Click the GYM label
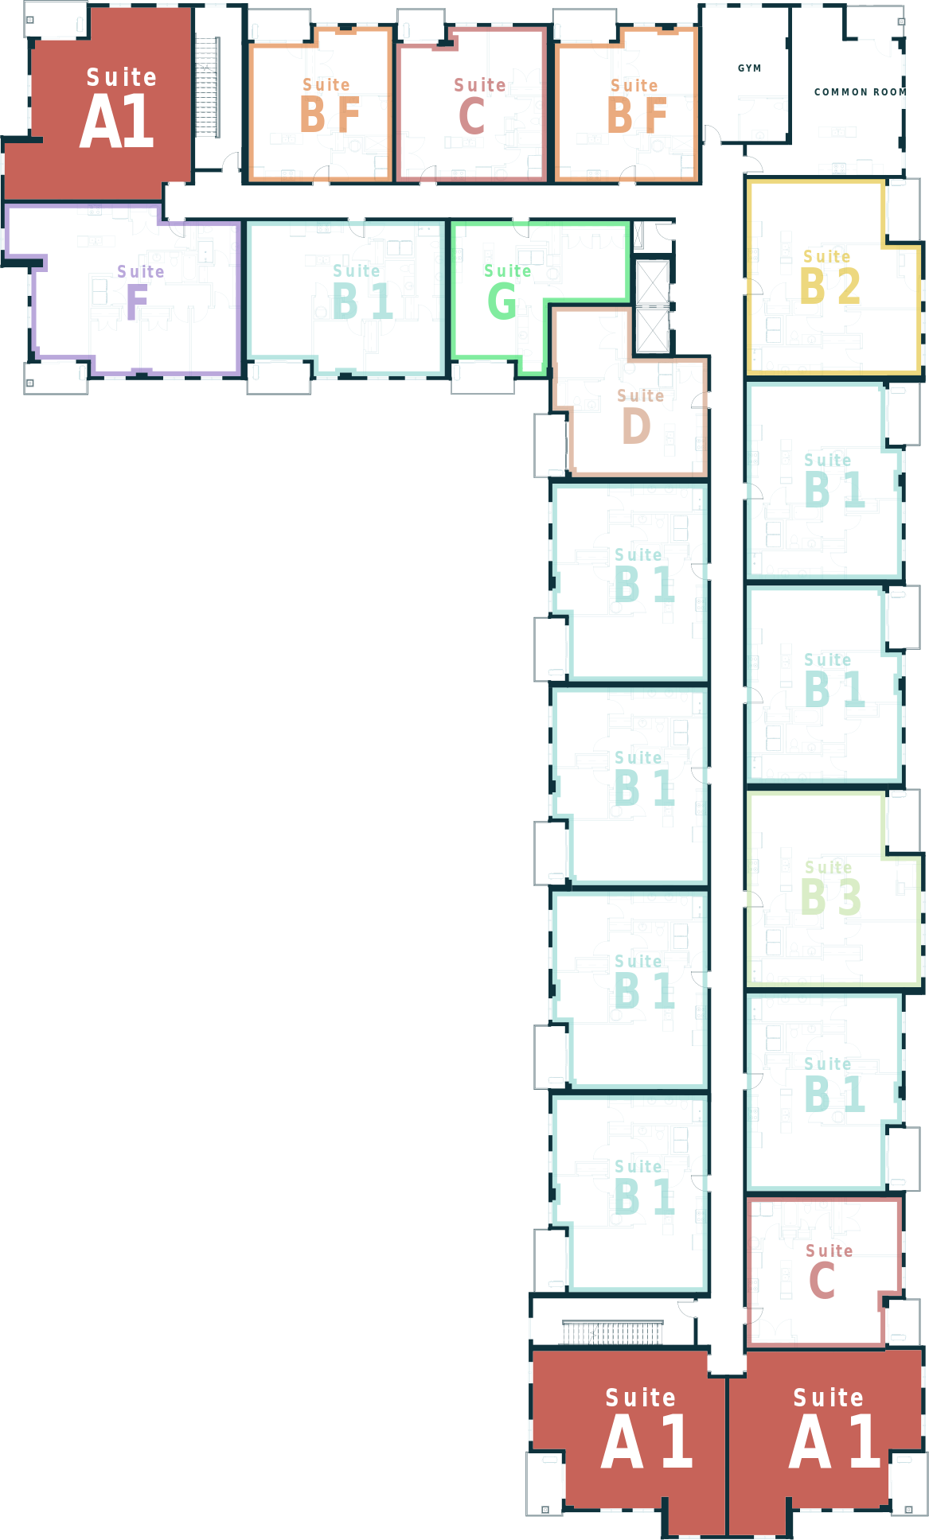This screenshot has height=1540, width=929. point(749,68)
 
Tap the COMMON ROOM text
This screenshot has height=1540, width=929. point(860,92)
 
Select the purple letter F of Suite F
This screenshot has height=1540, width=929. point(137,301)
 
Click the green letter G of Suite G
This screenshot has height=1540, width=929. point(502,301)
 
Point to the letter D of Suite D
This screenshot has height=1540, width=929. point(636,426)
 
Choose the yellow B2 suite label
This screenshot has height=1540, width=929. point(829,276)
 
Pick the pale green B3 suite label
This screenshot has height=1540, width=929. point(829,888)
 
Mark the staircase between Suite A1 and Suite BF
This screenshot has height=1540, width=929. point(207,87)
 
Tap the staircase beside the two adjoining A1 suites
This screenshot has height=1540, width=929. point(612,1332)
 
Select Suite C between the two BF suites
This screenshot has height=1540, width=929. point(472,104)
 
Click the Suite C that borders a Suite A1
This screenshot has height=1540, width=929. point(824,1272)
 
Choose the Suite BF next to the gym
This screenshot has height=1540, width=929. point(626,104)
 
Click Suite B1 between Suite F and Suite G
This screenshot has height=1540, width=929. point(346,297)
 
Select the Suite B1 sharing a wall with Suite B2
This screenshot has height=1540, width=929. point(824,480)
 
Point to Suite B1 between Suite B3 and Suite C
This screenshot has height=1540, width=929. point(824,1091)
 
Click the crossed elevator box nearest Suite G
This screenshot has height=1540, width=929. point(653,306)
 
